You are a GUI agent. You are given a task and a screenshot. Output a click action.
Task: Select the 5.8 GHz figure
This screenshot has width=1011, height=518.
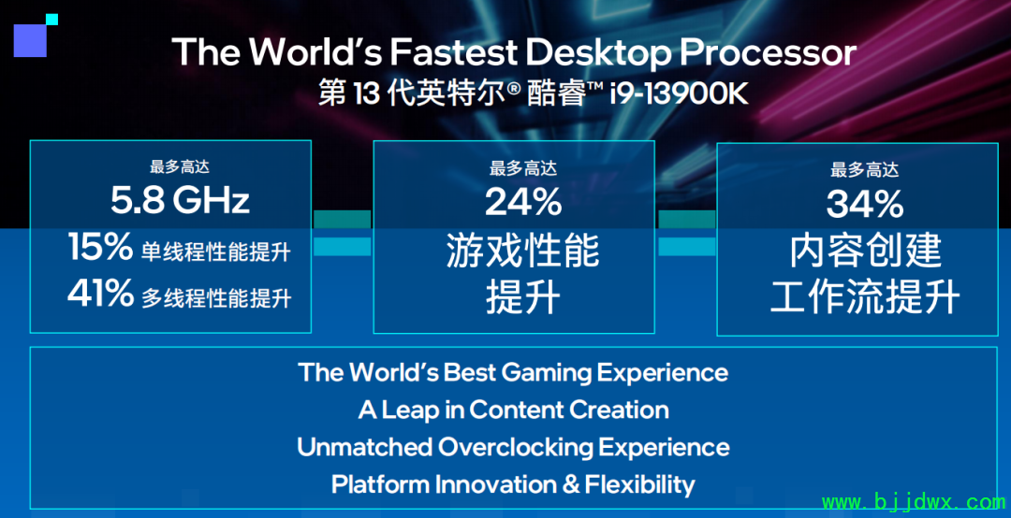[180, 200]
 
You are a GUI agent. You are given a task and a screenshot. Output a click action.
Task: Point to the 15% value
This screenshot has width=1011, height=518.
[100, 247]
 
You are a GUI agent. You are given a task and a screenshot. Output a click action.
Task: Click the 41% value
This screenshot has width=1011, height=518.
[100, 294]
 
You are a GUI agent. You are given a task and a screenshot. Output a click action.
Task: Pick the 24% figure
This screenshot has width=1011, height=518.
[523, 202]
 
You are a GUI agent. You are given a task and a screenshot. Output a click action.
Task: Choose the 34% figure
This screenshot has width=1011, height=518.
[865, 204]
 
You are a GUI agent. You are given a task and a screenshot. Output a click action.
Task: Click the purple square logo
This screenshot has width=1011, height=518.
[30, 40]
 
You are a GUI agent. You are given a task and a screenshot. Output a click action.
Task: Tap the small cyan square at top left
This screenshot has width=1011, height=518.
[52, 20]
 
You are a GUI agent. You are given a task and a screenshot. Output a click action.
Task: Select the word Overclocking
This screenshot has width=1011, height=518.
[515, 447]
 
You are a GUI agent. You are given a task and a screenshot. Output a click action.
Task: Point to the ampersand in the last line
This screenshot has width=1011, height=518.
[571, 484]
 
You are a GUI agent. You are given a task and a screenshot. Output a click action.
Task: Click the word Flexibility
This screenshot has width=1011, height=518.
[639, 484]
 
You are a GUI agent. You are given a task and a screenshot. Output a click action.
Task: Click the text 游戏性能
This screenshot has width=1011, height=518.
[523, 251]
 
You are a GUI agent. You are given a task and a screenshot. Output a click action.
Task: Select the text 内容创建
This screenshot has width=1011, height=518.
[865, 251]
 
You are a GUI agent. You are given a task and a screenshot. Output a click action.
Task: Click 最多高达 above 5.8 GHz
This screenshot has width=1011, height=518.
[180, 166]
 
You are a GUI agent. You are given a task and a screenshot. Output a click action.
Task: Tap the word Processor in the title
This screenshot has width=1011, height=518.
[768, 51]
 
